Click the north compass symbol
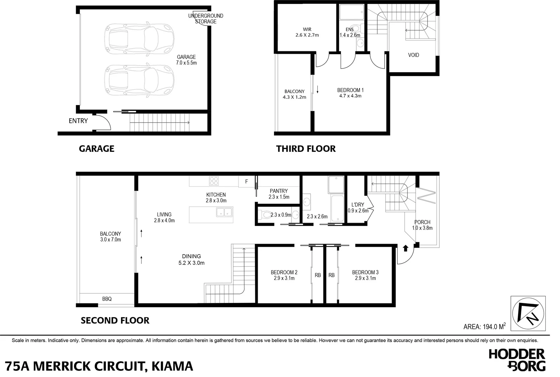point(528,313)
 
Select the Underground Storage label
point(205,19)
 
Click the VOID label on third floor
point(414,55)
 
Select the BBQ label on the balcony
point(107,299)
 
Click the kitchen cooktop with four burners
point(213,181)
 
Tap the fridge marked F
point(247,182)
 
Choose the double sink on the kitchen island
point(224,212)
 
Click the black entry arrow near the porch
point(405,248)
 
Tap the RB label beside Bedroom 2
point(318,275)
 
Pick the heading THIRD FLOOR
point(306,149)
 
